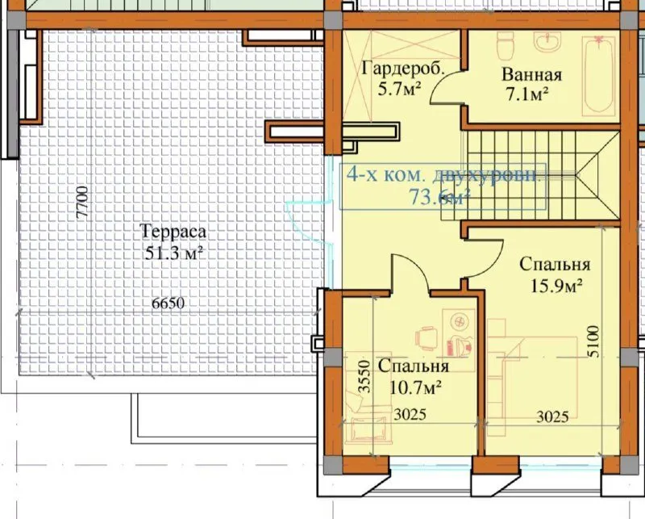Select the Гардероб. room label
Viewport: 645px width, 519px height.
coord(403,69)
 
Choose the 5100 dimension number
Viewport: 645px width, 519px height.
coord(593,344)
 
